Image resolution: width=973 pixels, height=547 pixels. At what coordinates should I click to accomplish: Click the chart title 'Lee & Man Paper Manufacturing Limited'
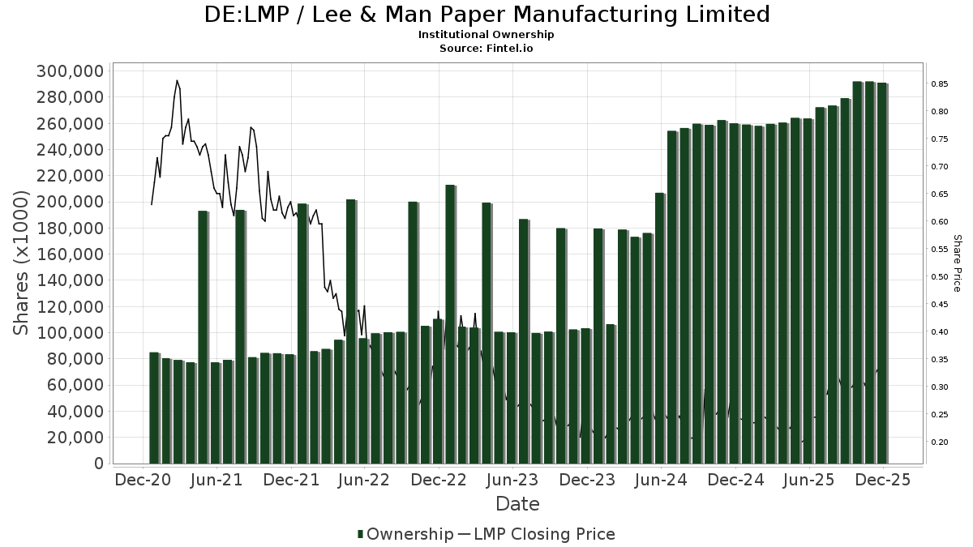(486, 15)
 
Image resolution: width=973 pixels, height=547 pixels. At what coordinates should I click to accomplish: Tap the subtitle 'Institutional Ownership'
(486, 35)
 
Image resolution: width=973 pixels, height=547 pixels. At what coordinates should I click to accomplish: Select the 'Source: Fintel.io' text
(486, 49)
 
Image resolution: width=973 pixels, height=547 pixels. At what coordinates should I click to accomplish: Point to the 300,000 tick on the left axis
(70, 71)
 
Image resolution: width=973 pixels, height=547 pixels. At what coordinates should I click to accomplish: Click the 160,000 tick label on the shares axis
(70, 254)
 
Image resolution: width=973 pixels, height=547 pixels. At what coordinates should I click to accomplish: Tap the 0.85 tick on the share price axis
(940, 84)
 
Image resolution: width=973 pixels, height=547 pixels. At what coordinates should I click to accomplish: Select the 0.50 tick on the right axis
(940, 277)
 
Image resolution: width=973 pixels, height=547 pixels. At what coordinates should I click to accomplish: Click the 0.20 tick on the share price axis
(940, 442)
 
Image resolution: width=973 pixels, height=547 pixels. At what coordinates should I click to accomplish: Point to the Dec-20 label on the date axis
(144, 480)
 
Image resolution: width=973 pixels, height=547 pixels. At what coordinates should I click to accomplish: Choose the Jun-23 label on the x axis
(512, 480)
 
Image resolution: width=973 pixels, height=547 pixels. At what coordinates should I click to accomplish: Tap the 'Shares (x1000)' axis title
(22, 263)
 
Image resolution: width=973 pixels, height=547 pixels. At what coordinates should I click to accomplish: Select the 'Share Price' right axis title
(957, 263)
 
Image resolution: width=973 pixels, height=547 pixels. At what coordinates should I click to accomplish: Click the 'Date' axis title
(517, 504)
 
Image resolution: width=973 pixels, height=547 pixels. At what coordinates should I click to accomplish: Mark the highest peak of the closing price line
(177, 80)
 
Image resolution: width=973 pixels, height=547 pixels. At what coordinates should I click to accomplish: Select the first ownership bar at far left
(154, 408)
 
